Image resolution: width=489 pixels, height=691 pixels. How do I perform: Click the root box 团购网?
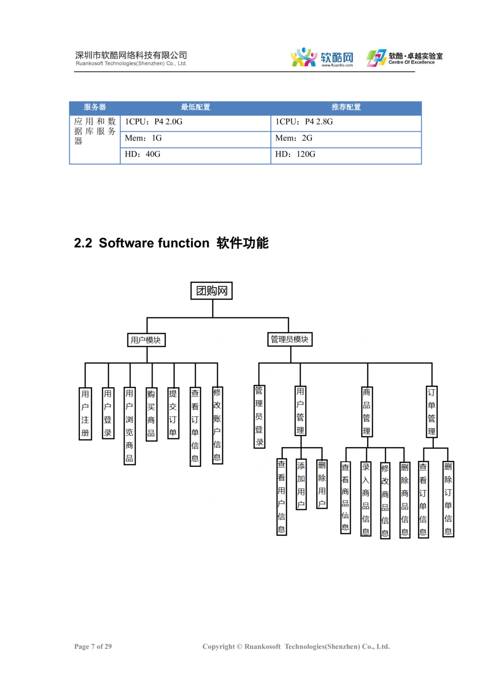212,291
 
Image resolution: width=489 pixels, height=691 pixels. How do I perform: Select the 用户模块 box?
146,340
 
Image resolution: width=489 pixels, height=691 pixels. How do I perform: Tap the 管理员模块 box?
290,339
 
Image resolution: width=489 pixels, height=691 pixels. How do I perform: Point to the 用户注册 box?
85,413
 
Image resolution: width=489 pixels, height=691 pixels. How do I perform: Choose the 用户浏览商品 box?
129,426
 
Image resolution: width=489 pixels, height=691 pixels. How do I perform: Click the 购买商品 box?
151,414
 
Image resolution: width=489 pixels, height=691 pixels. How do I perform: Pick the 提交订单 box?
173,413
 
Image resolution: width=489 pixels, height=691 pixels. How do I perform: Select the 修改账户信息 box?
217,425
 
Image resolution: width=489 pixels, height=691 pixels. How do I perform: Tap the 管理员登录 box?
259,416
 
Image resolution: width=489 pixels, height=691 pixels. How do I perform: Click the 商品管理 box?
366,411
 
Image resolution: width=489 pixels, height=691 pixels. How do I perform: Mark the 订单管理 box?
431,412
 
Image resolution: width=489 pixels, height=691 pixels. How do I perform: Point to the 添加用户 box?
301,484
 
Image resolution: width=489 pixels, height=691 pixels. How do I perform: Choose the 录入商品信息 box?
365,499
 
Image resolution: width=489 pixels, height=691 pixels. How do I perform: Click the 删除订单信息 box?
448,499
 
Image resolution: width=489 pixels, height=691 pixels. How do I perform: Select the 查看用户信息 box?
281,496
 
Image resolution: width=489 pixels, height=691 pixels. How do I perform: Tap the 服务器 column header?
95,107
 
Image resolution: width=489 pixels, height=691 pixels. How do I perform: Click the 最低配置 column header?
196,107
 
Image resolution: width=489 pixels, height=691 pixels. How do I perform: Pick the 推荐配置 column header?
346,107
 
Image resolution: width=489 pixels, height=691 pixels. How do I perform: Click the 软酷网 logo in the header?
323,58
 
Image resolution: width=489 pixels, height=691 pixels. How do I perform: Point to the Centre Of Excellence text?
412,63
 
